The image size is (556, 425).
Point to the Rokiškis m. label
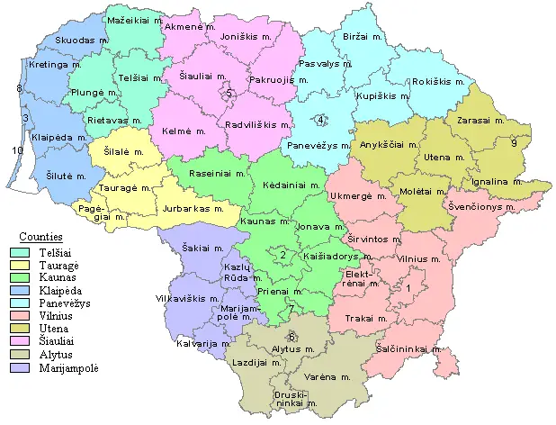click(x=437, y=82)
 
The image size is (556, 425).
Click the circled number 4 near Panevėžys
click(x=320, y=121)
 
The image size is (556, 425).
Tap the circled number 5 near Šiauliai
click(x=229, y=93)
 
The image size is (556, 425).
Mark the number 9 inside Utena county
click(x=514, y=143)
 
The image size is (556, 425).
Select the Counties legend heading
click(x=40, y=236)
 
